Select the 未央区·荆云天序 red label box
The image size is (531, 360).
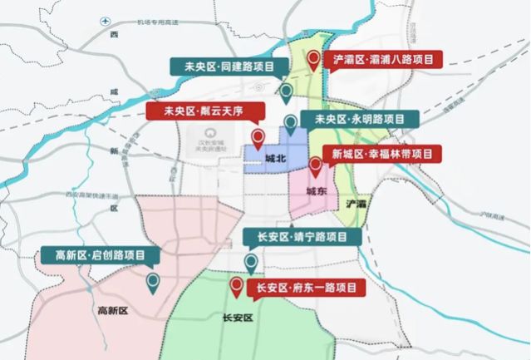[204, 111]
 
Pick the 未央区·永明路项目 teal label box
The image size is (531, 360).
[360, 120]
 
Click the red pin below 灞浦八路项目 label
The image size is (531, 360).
[313, 59]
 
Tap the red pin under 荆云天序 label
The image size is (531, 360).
[258, 137]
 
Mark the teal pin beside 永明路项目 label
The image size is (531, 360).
[290, 124]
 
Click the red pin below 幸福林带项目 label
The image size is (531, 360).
[316, 166]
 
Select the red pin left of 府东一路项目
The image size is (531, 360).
[237, 287]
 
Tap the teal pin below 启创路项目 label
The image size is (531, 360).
[154, 283]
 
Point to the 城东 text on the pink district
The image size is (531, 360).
[315, 190]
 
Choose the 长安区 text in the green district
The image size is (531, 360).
[238, 318]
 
